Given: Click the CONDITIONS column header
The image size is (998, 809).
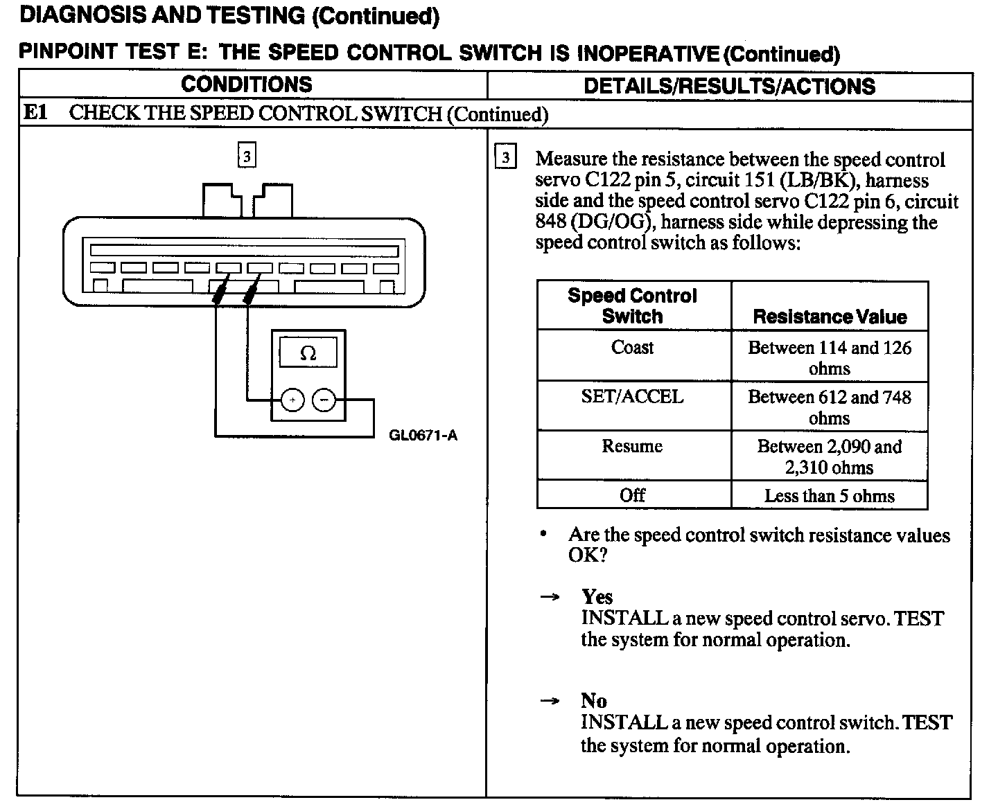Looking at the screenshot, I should pos(247,85).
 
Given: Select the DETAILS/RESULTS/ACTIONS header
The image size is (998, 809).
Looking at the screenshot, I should pos(729,87).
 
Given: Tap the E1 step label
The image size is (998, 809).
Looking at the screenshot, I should pos(35,112).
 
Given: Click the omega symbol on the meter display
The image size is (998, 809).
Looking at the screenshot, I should pos(308,354).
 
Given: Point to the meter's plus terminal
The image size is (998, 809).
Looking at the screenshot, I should pos(292,400).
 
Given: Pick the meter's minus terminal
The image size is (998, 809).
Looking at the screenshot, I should pos(324,400).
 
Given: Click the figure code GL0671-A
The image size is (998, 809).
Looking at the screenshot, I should pos(423,436).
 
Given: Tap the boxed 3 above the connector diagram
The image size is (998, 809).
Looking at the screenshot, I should pos(247,154).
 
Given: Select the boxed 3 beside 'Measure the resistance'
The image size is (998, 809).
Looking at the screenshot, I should pos(505,158).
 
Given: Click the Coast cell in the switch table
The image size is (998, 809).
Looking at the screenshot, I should pos(632,348).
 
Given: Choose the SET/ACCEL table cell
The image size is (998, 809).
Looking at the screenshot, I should pos(632,397).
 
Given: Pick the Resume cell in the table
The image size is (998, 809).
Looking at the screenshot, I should pos(632,447).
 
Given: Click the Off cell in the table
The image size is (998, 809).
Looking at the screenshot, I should pos(632,495).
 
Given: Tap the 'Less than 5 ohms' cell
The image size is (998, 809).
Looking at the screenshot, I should pos(829,496).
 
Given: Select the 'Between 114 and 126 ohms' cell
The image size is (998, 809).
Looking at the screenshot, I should pos(829,357).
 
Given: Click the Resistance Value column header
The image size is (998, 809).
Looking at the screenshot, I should pos(830,317).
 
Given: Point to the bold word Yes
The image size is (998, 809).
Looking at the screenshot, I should pos(597,597).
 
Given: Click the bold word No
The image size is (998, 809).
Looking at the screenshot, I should pos(594,701).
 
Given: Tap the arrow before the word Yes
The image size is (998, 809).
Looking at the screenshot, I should pos(550,597).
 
